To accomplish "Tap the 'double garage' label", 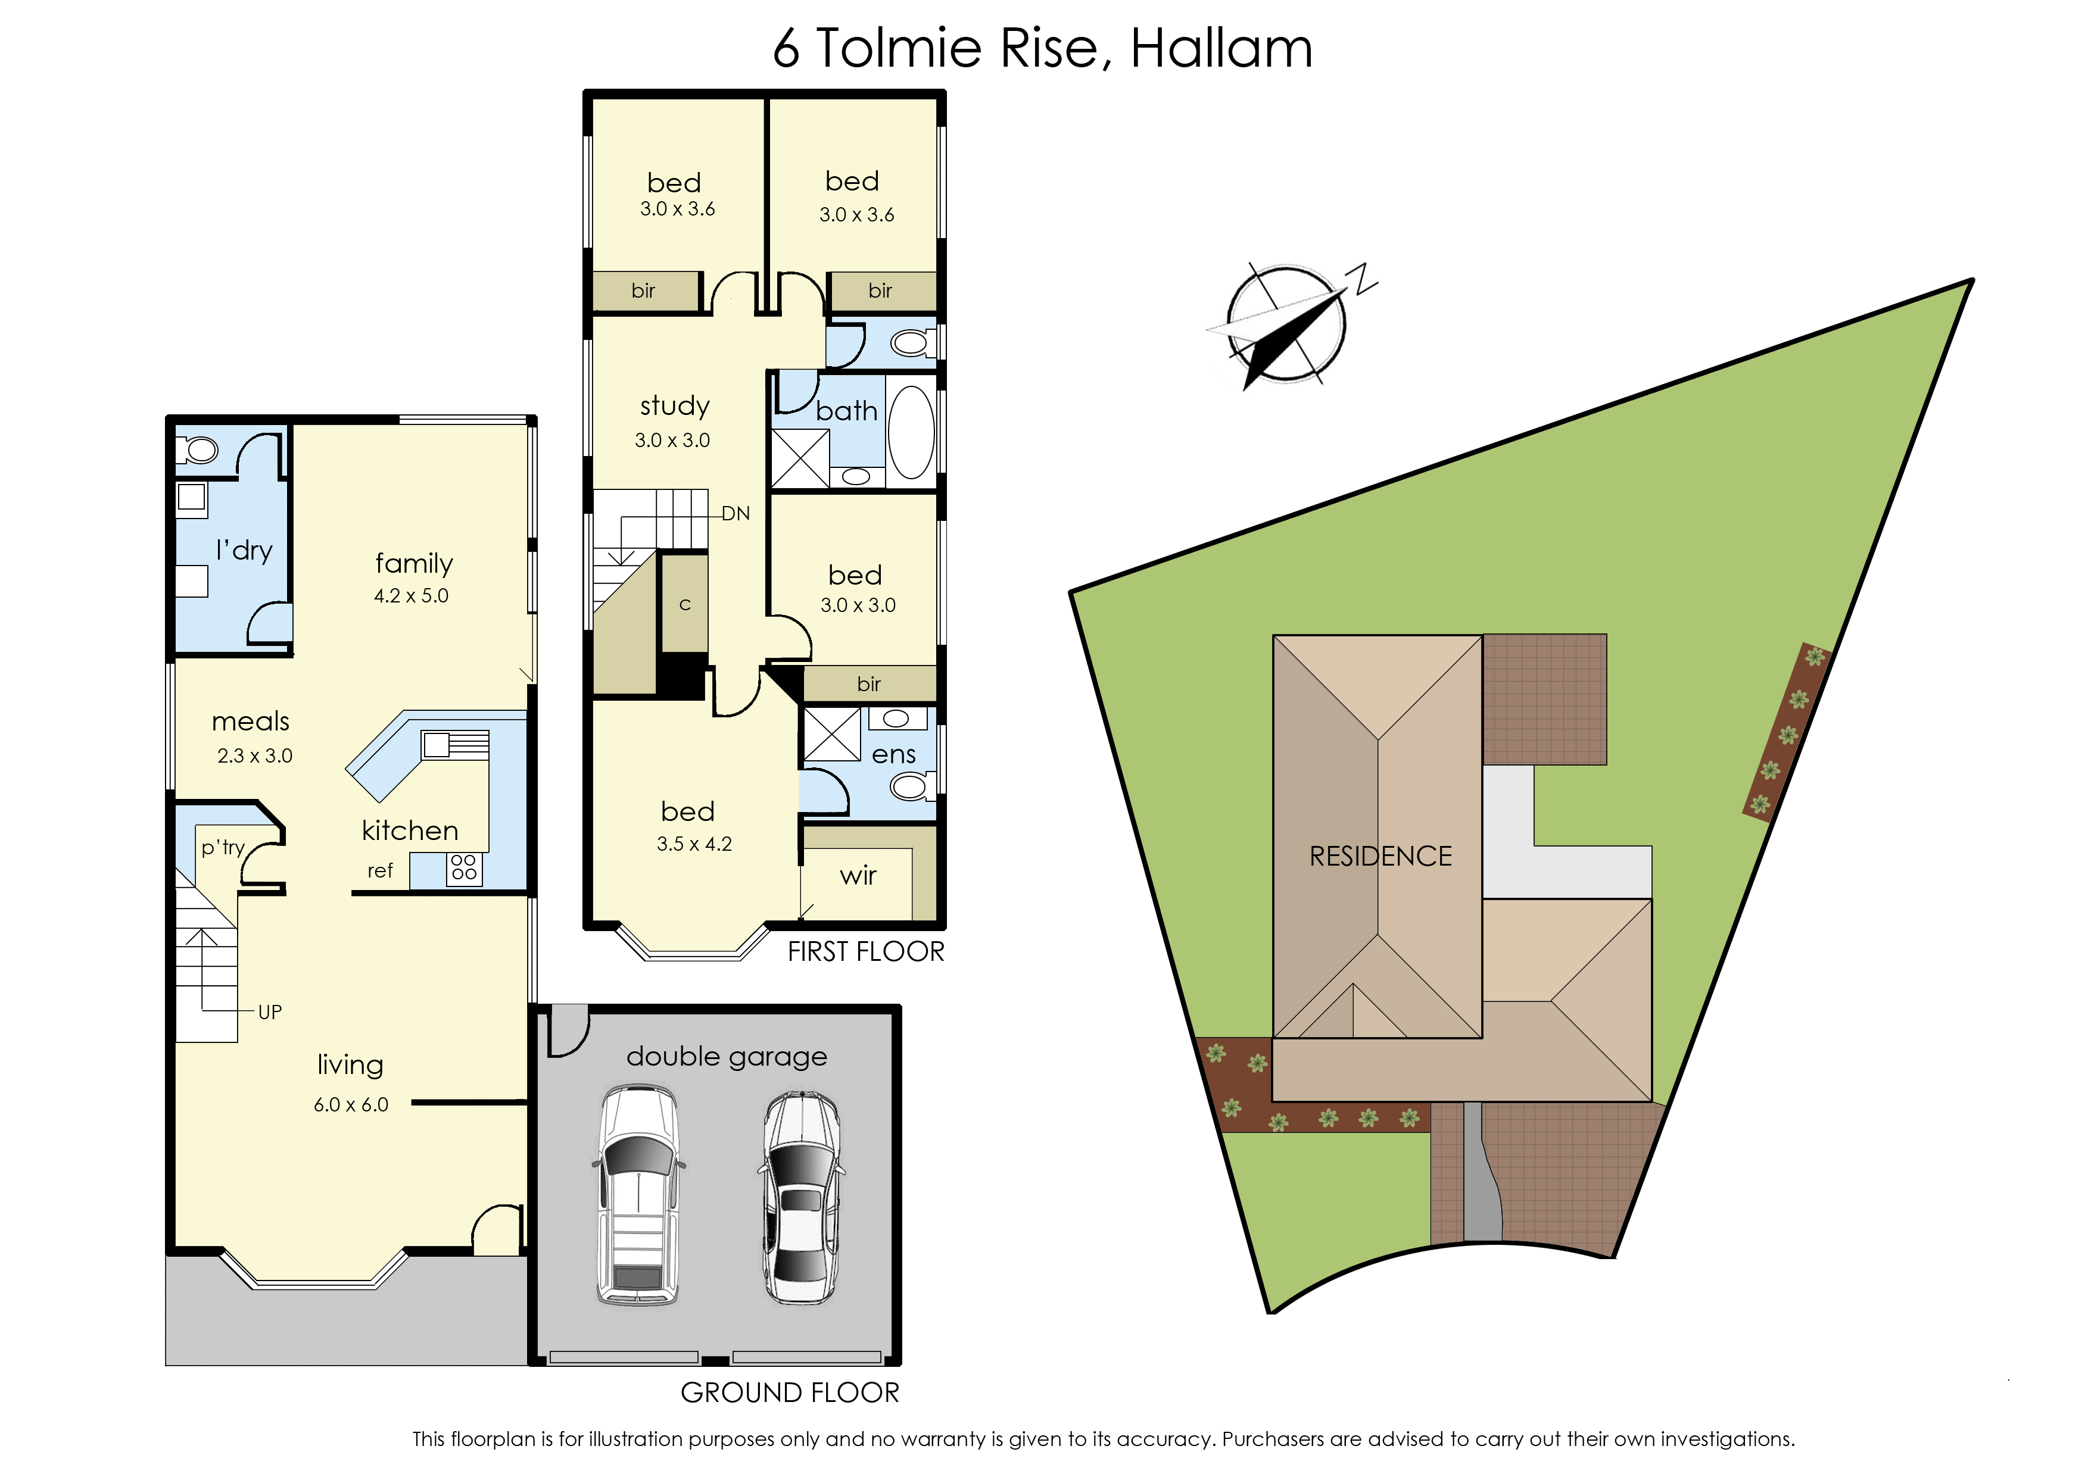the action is pyautogui.click(x=727, y=1057).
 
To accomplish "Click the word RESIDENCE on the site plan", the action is pyautogui.click(x=1380, y=856).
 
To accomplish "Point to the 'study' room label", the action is pyautogui.click(x=674, y=405).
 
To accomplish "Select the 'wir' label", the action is pyautogui.click(x=858, y=876).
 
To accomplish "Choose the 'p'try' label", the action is pyautogui.click(x=223, y=848).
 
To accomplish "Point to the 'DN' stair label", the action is pyautogui.click(x=736, y=514).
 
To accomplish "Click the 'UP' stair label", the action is pyautogui.click(x=270, y=1012).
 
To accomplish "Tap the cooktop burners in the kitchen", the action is pyautogui.click(x=464, y=867).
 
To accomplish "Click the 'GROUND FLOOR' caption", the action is pyautogui.click(x=790, y=1392).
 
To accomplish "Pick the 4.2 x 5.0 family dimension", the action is pyautogui.click(x=412, y=596).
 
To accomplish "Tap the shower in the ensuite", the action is pyautogui.click(x=831, y=735).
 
